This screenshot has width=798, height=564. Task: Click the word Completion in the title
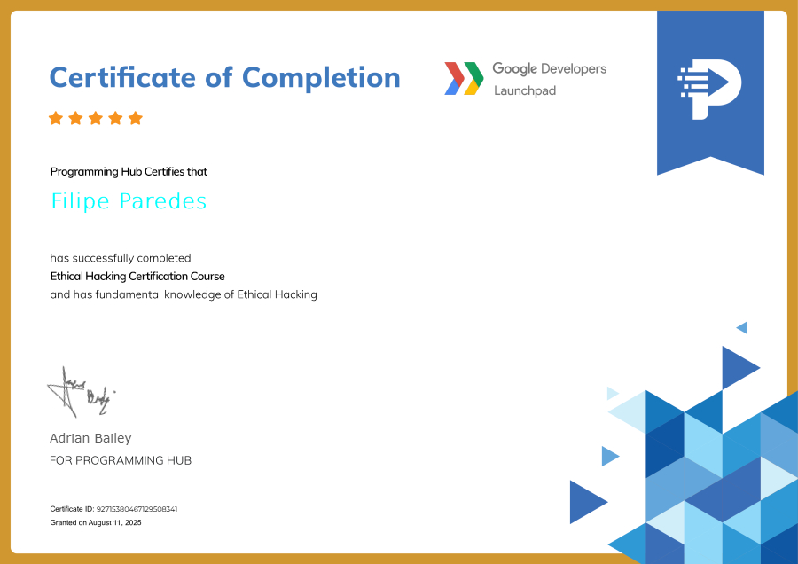[321, 78]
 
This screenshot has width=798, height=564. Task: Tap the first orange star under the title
[56, 118]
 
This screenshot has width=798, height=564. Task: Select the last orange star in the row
[136, 118]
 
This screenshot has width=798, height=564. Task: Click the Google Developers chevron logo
[464, 78]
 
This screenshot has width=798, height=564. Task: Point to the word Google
[515, 69]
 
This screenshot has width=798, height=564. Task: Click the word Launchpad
[525, 90]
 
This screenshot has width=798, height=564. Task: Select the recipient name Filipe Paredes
[129, 201]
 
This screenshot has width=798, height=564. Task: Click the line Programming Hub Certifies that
[129, 172]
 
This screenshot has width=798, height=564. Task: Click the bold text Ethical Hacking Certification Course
[137, 277]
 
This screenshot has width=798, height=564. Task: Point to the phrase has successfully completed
[120, 258]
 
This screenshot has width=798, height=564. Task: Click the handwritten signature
[81, 392]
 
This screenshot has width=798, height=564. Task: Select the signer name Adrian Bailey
[90, 438]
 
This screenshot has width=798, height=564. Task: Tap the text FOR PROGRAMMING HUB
[121, 460]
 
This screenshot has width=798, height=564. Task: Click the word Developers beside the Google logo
[575, 69]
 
